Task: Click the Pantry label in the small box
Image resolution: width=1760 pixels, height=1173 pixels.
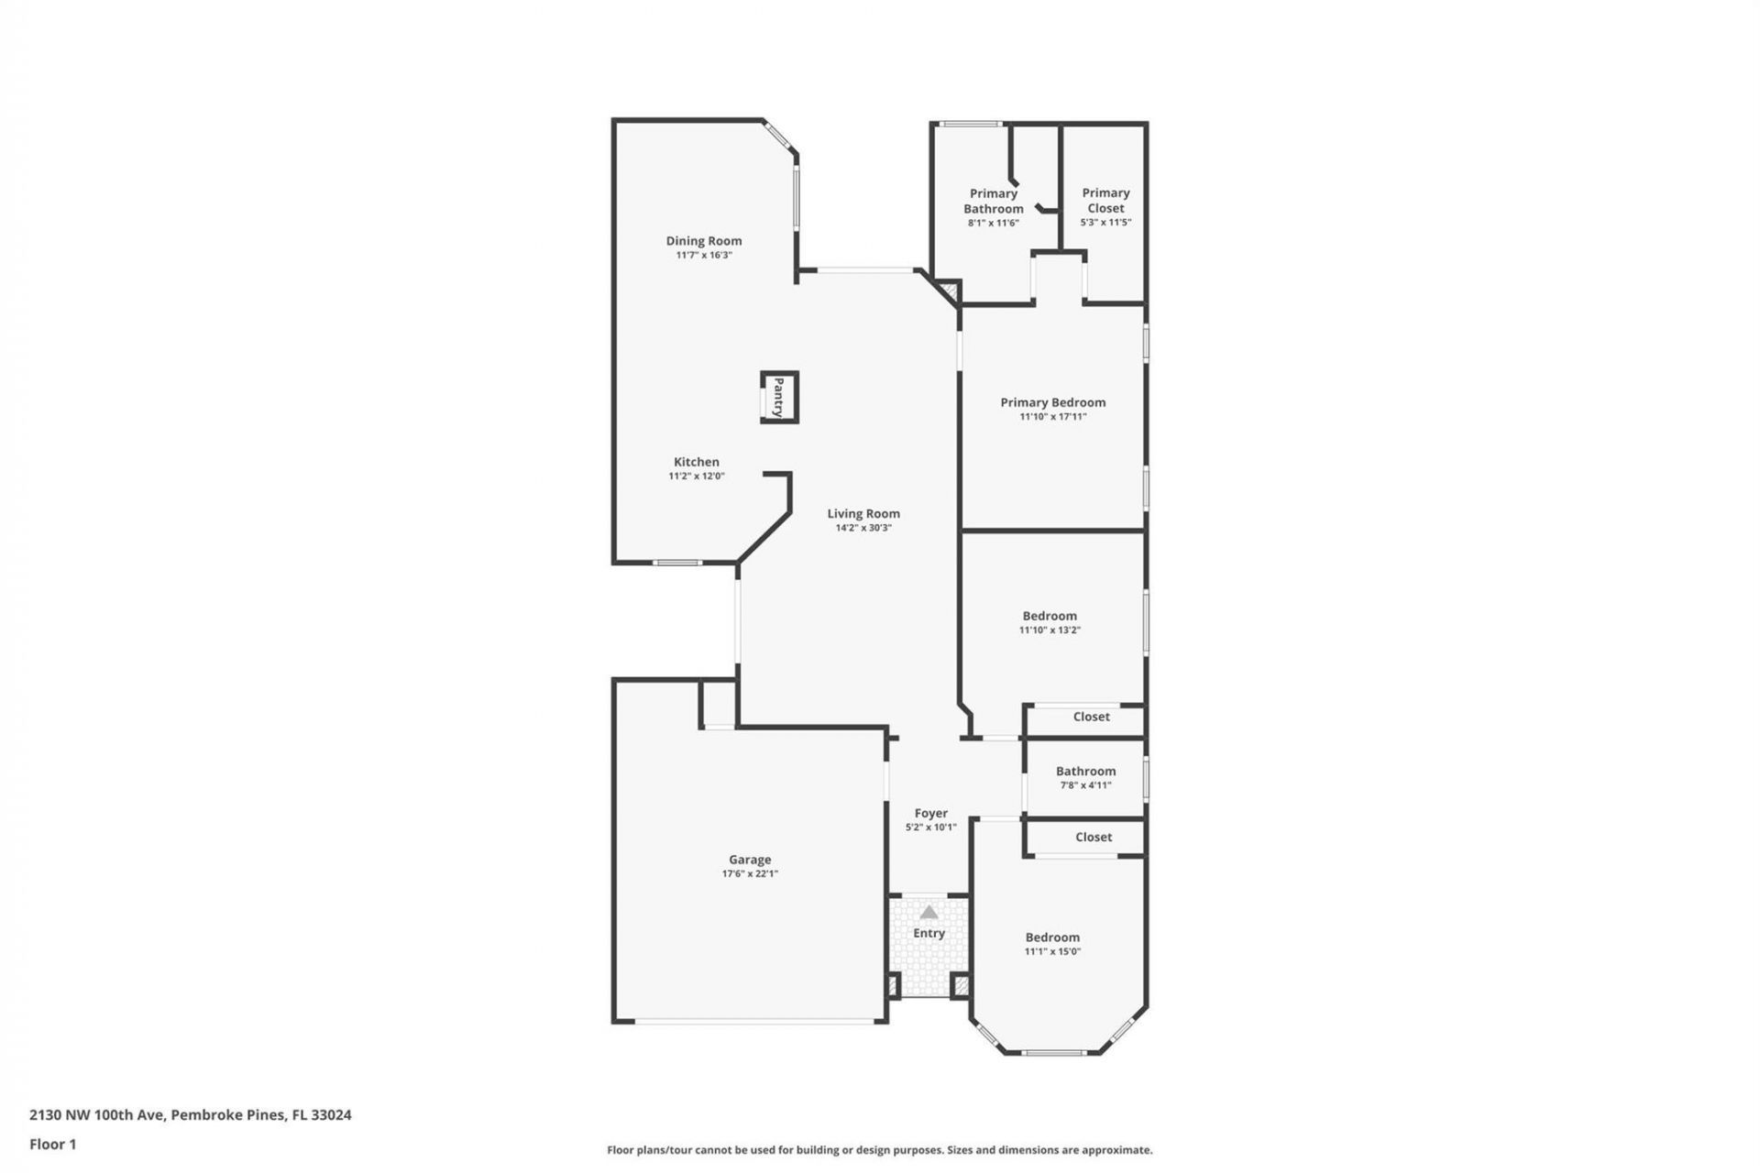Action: pyautogui.click(x=778, y=397)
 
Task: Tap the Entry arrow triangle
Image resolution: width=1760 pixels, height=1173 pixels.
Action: pyautogui.click(x=929, y=912)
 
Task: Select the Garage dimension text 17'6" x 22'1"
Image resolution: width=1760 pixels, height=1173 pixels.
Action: pyautogui.click(x=750, y=874)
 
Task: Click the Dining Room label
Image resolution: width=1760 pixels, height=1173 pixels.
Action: pyautogui.click(x=704, y=241)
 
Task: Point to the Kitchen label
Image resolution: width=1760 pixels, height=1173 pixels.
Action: pyautogui.click(x=697, y=462)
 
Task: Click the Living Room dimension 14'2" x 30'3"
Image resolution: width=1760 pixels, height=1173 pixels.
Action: pyautogui.click(x=863, y=528)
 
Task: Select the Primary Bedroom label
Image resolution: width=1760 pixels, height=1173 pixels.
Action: pyautogui.click(x=1052, y=402)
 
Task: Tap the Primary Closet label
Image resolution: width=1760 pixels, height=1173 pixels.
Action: pyautogui.click(x=1105, y=200)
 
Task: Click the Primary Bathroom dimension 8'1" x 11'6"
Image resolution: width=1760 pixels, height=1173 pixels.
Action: pyautogui.click(x=993, y=223)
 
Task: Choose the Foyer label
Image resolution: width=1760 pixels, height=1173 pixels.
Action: pyautogui.click(x=930, y=813)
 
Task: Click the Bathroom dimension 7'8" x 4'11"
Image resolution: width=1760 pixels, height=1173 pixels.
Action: pyautogui.click(x=1085, y=785)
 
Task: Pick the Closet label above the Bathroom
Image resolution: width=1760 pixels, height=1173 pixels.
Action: pyautogui.click(x=1091, y=717)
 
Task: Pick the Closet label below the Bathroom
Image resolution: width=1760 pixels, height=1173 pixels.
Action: pyautogui.click(x=1093, y=837)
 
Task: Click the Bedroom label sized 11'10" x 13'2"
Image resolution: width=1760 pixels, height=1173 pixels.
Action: pyautogui.click(x=1050, y=616)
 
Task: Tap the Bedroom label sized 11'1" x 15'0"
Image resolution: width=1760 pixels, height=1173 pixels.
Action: pyautogui.click(x=1052, y=937)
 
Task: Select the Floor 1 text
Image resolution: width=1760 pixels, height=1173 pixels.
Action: pyautogui.click(x=52, y=1144)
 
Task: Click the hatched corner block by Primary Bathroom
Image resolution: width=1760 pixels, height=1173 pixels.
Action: pyautogui.click(x=950, y=292)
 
